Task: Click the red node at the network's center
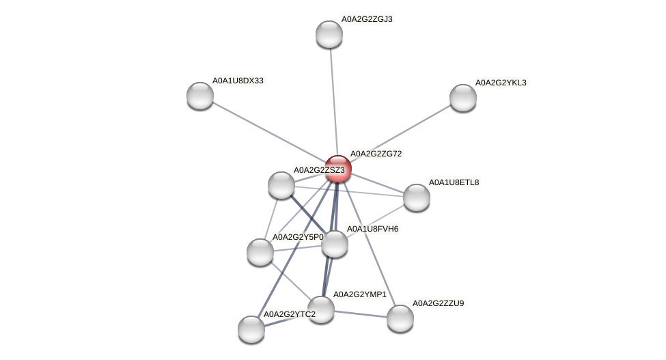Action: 338,169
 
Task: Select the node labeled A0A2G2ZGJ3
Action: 329,34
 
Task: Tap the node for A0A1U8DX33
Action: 200,96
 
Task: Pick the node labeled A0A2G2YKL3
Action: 463,98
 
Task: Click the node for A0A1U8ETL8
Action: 417,197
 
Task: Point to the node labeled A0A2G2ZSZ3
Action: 281,184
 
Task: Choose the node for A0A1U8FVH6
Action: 335,244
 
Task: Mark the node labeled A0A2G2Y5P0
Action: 260,252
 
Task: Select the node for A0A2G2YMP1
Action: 321,309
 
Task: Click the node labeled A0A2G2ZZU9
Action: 400,318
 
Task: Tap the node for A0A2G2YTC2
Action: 251,329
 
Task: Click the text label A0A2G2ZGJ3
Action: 367,19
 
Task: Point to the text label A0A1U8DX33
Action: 238,81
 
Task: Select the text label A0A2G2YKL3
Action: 501,83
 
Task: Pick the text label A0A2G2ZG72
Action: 376,154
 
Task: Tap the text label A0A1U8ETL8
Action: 454,182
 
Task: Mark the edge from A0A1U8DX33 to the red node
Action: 269,133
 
